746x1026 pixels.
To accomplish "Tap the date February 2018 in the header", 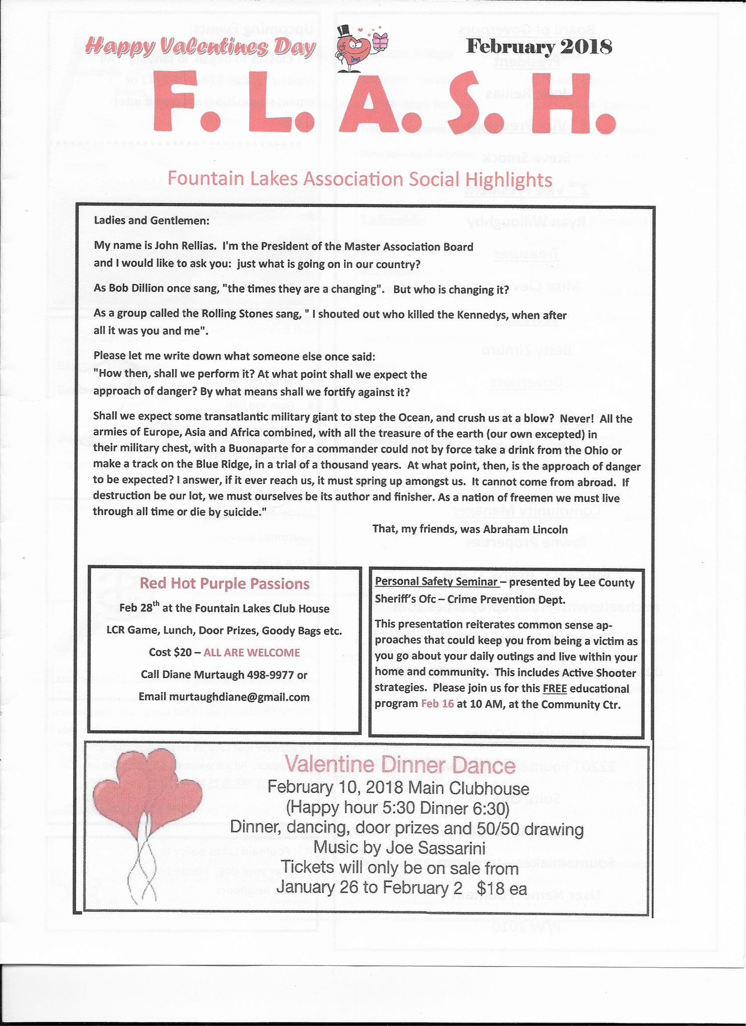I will [539, 47].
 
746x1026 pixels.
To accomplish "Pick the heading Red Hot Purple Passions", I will [224, 583].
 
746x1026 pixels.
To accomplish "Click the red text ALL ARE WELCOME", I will [252, 652].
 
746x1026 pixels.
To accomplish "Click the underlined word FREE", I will [554, 689].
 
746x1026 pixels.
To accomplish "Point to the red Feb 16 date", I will [437, 704].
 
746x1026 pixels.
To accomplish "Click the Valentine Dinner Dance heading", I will [400, 765].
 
